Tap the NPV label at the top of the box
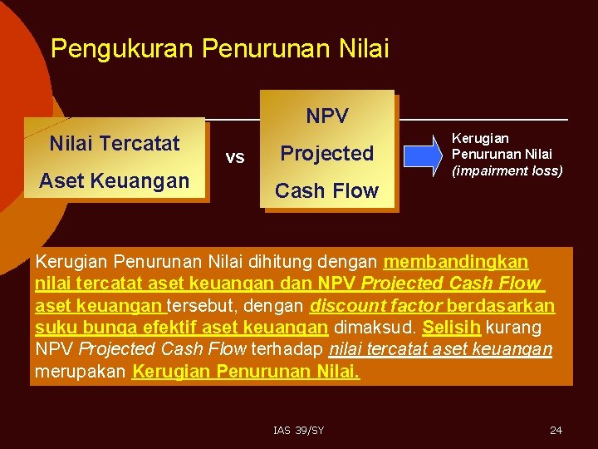(x=327, y=116)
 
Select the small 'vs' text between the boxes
(x=235, y=157)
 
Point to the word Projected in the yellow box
(x=327, y=153)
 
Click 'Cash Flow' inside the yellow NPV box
(x=327, y=190)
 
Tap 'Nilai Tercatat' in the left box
(x=115, y=144)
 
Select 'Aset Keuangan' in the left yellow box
(x=115, y=180)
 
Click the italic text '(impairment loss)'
(x=507, y=170)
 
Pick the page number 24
(x=556, y=430)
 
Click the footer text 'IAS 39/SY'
(x=299, y=430)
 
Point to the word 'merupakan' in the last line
(x=81, y=371)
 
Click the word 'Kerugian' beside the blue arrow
(x=480, y=138)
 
